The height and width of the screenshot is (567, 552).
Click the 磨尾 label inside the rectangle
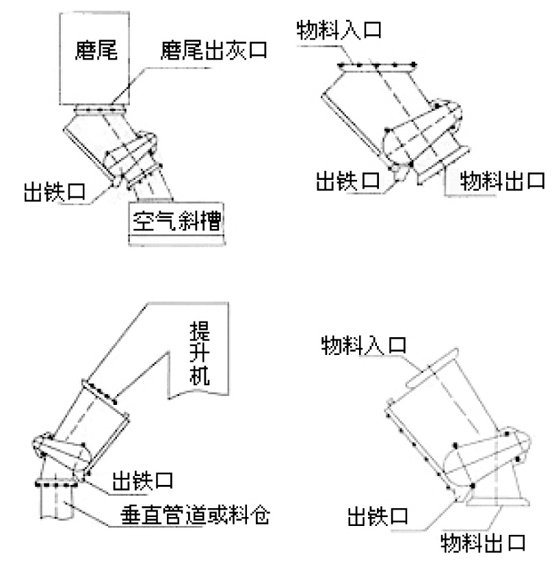pos(96,51)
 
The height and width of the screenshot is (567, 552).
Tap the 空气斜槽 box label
pos(175,222)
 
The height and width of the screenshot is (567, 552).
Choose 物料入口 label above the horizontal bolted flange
pos(338,31)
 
